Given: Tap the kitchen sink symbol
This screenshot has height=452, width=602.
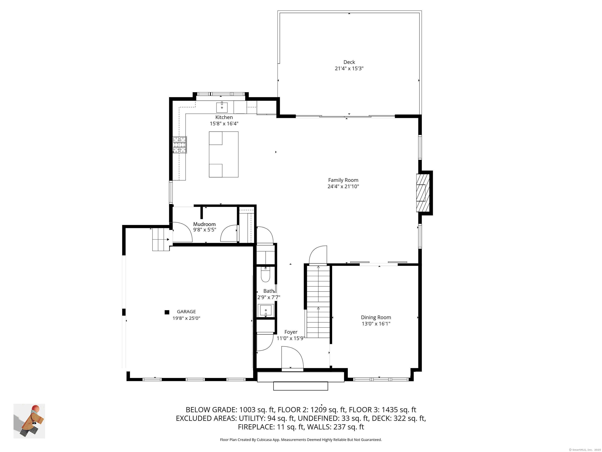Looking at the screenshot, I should click(222, 107).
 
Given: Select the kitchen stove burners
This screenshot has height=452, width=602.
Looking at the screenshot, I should click(180, 145).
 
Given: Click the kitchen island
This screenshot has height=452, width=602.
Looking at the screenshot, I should click(223, 154).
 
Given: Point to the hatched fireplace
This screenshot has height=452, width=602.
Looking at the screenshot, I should click(423, 193).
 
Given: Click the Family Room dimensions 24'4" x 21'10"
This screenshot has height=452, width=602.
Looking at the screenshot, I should click(343, 187).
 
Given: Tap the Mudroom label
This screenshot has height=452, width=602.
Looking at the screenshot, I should click(204, 224).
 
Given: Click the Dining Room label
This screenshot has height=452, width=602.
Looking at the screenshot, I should click(376, 317).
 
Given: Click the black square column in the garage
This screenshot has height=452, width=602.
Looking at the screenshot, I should click(167, 312).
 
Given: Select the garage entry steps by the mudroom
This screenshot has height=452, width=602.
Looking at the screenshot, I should click(160, 240).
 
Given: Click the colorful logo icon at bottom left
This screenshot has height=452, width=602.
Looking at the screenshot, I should click(29, 421).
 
